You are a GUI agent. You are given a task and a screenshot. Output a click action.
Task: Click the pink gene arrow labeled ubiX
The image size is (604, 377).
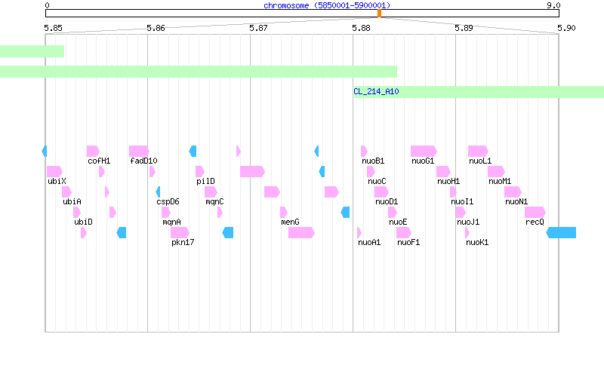54,172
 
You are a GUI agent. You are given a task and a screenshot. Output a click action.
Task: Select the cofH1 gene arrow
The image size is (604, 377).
93,152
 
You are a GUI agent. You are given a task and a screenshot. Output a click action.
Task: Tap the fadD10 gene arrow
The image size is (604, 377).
139,152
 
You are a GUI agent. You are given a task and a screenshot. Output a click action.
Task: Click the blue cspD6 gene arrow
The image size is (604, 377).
158,192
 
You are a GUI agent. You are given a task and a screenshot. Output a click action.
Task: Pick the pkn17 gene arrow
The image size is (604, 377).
180,233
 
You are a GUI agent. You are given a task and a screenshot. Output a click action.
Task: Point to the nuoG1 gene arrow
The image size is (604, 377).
424,152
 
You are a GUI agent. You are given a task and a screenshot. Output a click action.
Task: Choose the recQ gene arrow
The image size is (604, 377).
535,213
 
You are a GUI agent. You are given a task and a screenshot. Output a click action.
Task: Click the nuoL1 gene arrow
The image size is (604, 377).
478,152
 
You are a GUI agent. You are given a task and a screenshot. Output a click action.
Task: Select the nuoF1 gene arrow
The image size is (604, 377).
404,233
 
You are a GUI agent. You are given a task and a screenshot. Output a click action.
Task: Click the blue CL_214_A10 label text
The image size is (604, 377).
376,91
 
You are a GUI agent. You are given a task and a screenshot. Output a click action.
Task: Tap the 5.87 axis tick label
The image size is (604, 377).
258,28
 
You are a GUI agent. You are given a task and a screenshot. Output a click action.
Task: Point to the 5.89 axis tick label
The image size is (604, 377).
464,28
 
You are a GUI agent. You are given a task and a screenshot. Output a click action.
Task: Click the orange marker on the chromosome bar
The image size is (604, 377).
380,14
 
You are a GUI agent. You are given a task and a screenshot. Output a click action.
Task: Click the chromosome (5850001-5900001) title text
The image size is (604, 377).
327,5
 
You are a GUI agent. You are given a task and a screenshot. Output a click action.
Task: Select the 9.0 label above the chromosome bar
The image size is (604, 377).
553,5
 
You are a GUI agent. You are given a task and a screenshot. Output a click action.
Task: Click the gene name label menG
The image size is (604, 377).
290,222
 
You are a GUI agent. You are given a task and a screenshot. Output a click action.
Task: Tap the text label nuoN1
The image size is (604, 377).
516,201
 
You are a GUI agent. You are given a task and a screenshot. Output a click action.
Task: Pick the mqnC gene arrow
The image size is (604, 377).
211,192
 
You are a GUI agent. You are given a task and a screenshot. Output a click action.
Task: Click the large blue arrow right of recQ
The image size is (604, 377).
561,233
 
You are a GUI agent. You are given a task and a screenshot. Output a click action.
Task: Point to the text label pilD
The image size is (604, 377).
205,181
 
